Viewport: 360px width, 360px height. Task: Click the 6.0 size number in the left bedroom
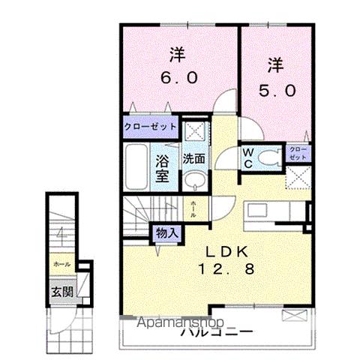coord(178,77)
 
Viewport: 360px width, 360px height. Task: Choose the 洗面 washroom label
coord(194,158)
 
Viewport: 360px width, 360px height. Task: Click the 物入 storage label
coord(166,233)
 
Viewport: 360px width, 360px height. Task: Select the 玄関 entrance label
coord(62,291)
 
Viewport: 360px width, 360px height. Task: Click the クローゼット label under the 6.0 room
coord(151,127)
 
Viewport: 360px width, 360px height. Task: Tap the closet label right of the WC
coord(298,154)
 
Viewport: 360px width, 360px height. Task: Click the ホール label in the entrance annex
coord(62,265)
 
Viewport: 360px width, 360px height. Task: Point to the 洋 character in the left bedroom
coord(177,55)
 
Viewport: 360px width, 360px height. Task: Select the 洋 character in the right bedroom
coord(274,66)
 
